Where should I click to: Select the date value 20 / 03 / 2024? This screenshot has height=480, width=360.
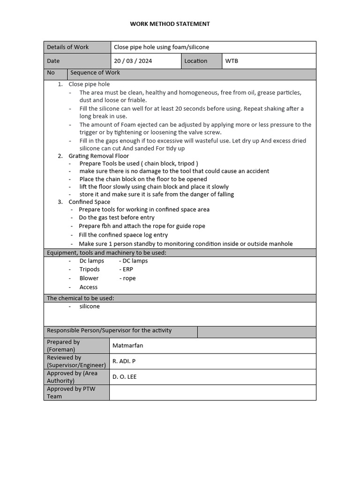coord(133,61)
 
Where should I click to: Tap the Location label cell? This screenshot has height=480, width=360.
coord(195,61)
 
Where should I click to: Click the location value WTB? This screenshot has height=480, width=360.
coord(232,61)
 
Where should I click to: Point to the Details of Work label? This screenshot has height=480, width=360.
coord(67,47)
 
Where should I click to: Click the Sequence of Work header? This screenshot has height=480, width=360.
coord(95,73)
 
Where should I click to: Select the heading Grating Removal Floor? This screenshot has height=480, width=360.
coord(98,156)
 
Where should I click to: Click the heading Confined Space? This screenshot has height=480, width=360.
coord(89,202)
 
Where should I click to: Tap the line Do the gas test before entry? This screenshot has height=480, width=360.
coord(116,217)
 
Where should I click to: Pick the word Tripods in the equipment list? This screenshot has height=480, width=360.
coord(90,270)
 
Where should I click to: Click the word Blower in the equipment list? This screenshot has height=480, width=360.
coord(89,278)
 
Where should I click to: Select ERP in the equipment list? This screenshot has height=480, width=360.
coord(127,270)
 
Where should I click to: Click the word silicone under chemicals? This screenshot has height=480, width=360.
coord(90,307)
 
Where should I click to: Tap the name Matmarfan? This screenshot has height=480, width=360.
coord(127,346)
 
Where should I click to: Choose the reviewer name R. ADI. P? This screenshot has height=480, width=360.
coord(124,361)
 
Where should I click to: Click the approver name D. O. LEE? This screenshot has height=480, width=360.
coord(124,377)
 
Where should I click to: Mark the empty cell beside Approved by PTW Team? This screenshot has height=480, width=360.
coord(212,392)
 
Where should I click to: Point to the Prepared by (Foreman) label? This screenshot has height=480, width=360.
coord(63,346)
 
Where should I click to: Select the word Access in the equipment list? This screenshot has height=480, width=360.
coord(89,287)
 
